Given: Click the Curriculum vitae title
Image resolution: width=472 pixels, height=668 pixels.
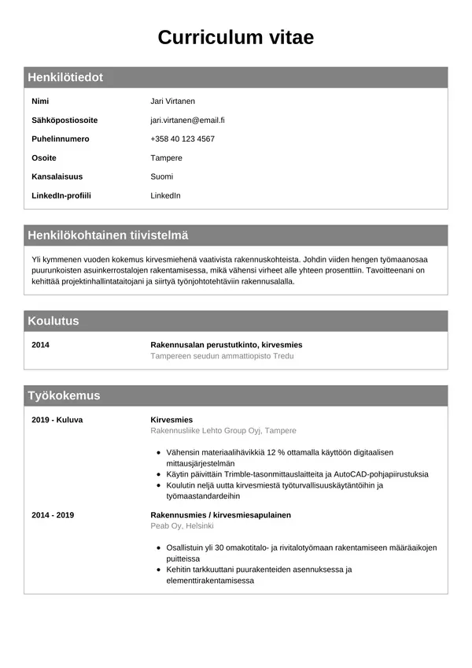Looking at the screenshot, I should point(236,37).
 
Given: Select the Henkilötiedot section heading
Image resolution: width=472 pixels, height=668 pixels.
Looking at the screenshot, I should point(65,77).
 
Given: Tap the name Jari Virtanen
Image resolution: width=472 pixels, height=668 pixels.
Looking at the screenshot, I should point(172,101).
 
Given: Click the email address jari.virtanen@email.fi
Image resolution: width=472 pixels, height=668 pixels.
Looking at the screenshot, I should point(187,120).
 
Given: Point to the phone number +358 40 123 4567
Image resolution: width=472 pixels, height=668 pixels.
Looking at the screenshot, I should point(183,139).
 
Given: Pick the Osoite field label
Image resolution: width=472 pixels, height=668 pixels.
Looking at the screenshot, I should point(44,158).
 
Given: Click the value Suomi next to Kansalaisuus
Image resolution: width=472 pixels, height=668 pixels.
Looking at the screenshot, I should point(161,176).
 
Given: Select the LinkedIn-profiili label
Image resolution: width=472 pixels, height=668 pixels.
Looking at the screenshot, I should point(61,195).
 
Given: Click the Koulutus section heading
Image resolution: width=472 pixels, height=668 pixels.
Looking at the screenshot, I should point(53,321).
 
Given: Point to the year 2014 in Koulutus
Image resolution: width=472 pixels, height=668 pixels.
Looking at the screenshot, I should point(40,345).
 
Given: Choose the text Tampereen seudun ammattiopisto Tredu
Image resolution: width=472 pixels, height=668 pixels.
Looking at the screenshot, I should point(222,356).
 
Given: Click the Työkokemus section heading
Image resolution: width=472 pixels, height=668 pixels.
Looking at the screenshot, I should point(64,395).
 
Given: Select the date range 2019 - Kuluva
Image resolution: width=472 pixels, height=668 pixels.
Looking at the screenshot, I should point(57,420).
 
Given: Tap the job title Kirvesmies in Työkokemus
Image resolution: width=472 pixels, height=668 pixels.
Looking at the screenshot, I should point(171,420).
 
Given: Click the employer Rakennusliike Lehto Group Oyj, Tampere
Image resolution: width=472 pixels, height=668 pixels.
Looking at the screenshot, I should point(223,431).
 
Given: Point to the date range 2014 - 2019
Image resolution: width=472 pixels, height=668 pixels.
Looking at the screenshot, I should point(53,514).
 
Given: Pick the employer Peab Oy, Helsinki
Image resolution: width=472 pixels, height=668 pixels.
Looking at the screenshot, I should point(182,525).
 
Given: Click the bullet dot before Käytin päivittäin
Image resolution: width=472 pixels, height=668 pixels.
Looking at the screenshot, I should point(159,474).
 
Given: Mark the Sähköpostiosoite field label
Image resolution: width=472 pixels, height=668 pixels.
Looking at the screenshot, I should point(65,120).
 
